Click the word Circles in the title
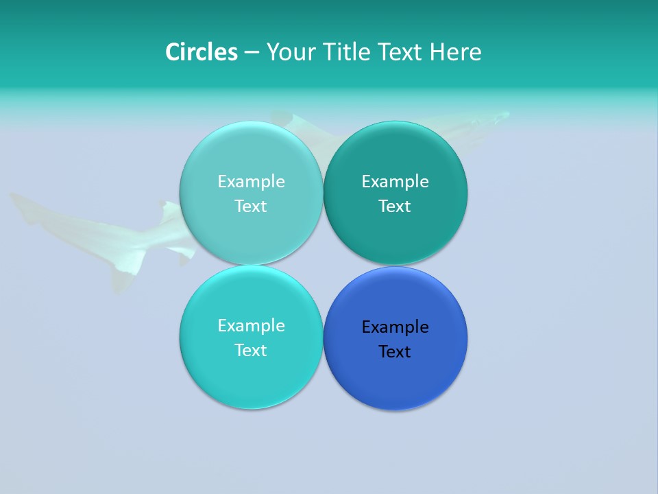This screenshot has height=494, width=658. [x=202, y=52]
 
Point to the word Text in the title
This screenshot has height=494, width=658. [x=401, y=52]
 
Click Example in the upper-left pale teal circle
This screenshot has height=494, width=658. [x=251, y=181]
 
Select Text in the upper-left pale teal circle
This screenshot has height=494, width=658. [x=251, y=206]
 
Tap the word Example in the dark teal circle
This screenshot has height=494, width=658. [x=395, y=181]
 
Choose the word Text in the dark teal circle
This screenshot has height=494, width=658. [x=395, y=206]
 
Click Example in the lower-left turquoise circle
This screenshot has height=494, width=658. [x=251, y=325]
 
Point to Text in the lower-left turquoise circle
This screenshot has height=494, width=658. [x=251, y=350]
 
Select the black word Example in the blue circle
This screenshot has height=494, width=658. [x=395, y=327]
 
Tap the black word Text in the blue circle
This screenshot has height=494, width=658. [x=395, y=351]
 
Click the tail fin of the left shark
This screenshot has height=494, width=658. [x=21, y=202]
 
